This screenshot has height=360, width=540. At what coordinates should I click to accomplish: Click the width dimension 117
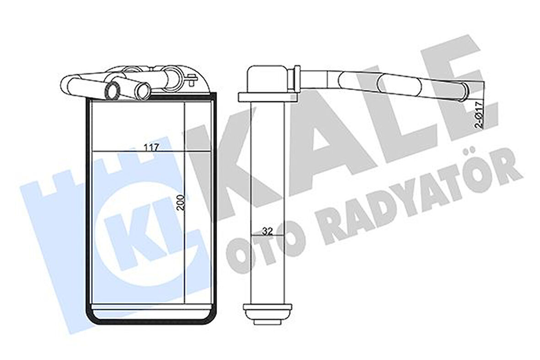151,147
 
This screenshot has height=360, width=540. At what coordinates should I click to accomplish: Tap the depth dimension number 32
268,231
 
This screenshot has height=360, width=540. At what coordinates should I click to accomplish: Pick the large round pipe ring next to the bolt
173,74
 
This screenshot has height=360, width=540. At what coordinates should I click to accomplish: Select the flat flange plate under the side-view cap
267,97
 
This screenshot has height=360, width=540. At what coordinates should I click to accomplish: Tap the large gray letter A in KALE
320,133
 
